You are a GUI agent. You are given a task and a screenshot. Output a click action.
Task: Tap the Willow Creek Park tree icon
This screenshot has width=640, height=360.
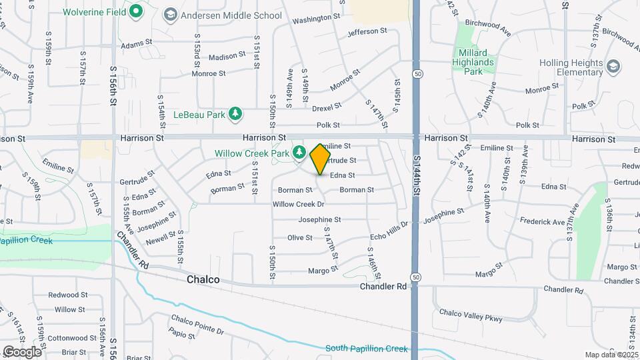[x=299, y=153]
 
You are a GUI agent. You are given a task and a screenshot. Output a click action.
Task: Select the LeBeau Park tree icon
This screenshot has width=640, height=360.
[x=235, y=114]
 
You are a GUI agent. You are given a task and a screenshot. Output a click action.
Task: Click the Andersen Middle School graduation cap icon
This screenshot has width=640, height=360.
[x=170, y=14]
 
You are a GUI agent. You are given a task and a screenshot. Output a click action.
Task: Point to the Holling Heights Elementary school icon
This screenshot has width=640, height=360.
[x=613, y=65]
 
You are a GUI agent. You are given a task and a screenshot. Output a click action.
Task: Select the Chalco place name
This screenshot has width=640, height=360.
[x=203, y=280]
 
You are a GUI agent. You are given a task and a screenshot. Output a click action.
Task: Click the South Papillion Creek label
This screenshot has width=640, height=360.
[x=366, y=349]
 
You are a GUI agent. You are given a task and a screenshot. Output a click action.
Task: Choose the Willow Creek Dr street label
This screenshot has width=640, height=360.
[x=298, y=204]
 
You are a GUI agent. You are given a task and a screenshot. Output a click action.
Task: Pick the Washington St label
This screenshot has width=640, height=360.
[x=316, y=19]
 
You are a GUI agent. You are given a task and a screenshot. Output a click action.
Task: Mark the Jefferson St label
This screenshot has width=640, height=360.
[x=367, y=31]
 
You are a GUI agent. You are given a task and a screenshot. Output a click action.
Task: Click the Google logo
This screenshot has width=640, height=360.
[x=23, y=351]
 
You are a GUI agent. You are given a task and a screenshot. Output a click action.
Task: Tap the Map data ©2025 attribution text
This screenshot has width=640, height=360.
[x=611, y=355]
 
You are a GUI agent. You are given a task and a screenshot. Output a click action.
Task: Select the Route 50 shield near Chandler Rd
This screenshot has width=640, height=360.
[x=416, y=277]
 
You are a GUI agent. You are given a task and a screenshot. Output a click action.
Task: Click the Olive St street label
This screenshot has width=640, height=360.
[x=299, y=237]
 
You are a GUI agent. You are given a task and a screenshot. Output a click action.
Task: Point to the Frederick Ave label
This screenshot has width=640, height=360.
[x=543, y=221]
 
